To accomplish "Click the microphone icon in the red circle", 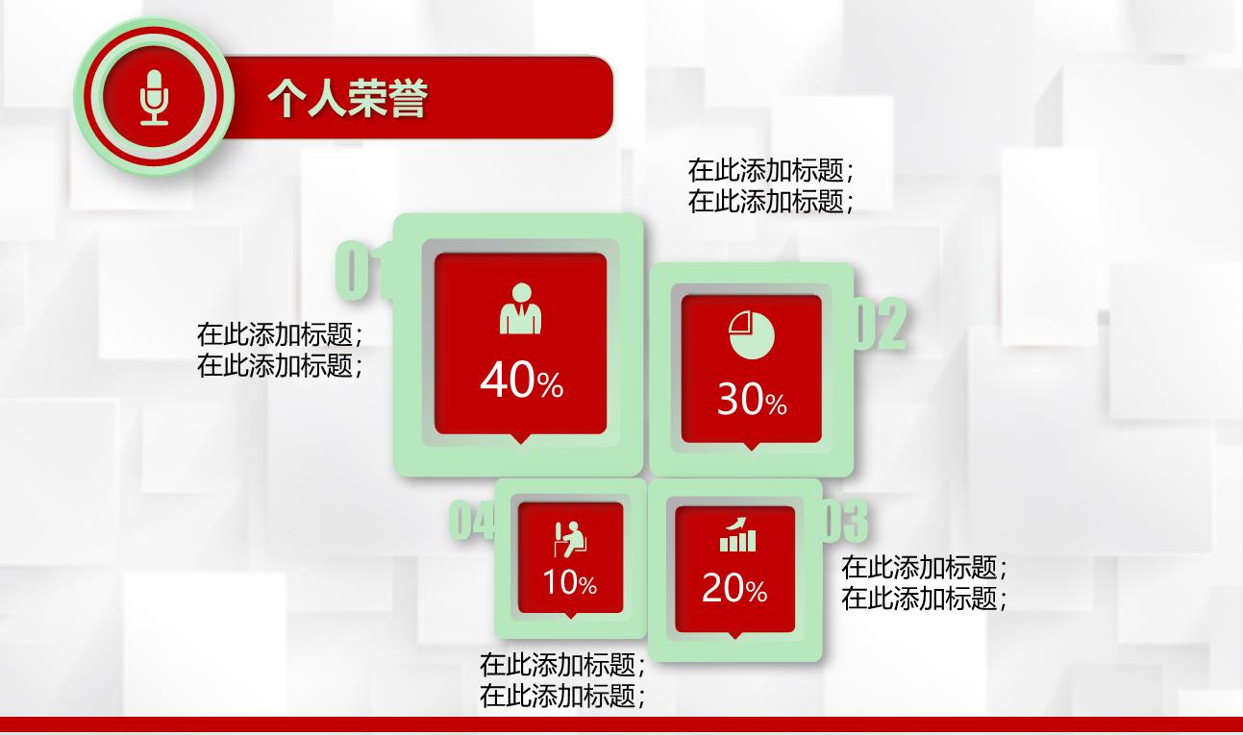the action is click(x=154, y=98).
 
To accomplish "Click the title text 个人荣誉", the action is click(x=348, y=98).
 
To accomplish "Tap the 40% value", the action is click(x=522, y=380).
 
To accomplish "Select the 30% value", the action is click(x=752, y=399).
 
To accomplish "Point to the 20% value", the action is click(x=734, y=588).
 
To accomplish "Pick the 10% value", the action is click(x=569, y=582).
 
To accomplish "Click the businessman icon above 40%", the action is click(x=520, y=308).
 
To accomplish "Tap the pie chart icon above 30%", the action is click(x=752, y=335).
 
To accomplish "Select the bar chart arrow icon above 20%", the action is click(x=737, y=535).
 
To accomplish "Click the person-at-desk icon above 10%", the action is click(x=570, y=539).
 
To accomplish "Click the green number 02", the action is click(x=881, y=324).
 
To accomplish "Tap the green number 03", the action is click(x=845, y=521).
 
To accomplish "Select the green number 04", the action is click(x=471, y=519).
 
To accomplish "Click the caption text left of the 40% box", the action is click(x=281, y=350).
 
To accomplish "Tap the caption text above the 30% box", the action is click(x=771, y=185).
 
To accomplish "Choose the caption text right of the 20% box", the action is click(x=925, y=583).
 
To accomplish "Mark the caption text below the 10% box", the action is click(x=562, y=680).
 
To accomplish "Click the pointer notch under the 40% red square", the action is click(x=520, y=439).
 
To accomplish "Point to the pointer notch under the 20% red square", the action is click(x=734, y=635).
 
